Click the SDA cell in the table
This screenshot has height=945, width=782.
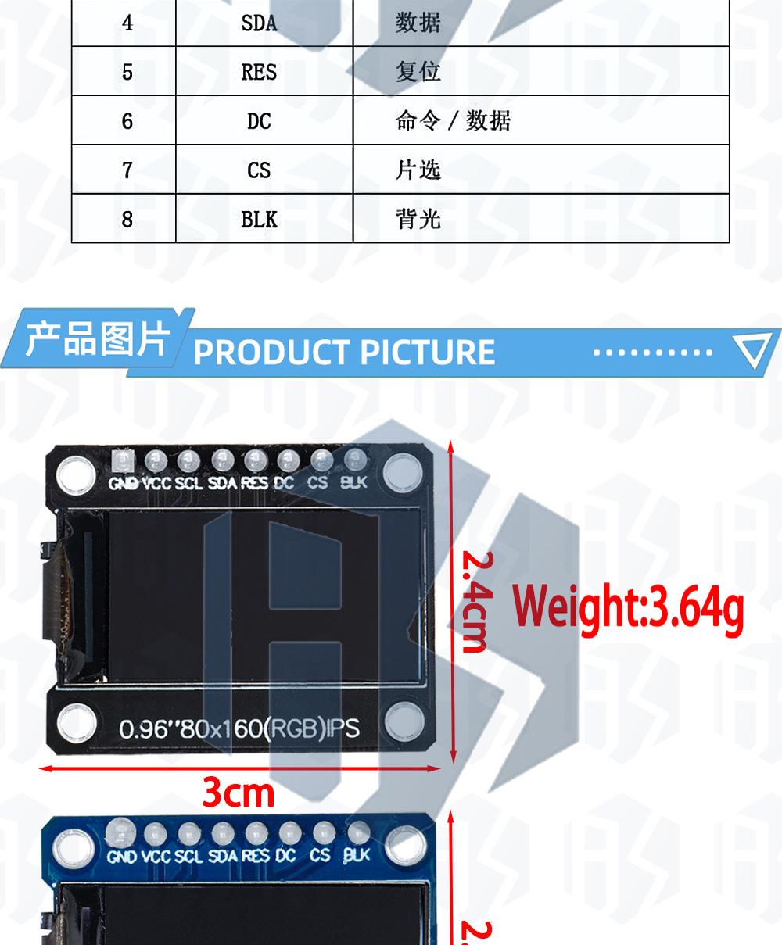point(259,23)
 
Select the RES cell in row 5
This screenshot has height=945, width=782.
point(259,73)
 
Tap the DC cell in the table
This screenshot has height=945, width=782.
point(259,121)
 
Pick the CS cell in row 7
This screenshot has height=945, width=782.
point(259,170)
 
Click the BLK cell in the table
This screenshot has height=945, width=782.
point(259,220)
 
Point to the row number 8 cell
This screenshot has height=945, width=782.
point(127,220)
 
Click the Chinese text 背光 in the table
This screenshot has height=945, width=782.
point(418,220)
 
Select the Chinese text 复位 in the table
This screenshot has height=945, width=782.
point(418,73)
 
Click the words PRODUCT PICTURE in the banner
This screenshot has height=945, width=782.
point(344,353)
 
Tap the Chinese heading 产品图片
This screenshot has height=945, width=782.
point(97,340)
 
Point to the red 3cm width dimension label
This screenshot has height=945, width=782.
point(239,793)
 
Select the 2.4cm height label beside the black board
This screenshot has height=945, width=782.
point(475,600)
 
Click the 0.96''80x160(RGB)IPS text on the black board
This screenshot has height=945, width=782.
point(239,728)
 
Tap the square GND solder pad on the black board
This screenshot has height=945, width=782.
point(123,460)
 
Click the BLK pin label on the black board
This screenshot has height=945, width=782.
point(353,482)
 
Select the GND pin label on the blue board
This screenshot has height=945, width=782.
point(122,856)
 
